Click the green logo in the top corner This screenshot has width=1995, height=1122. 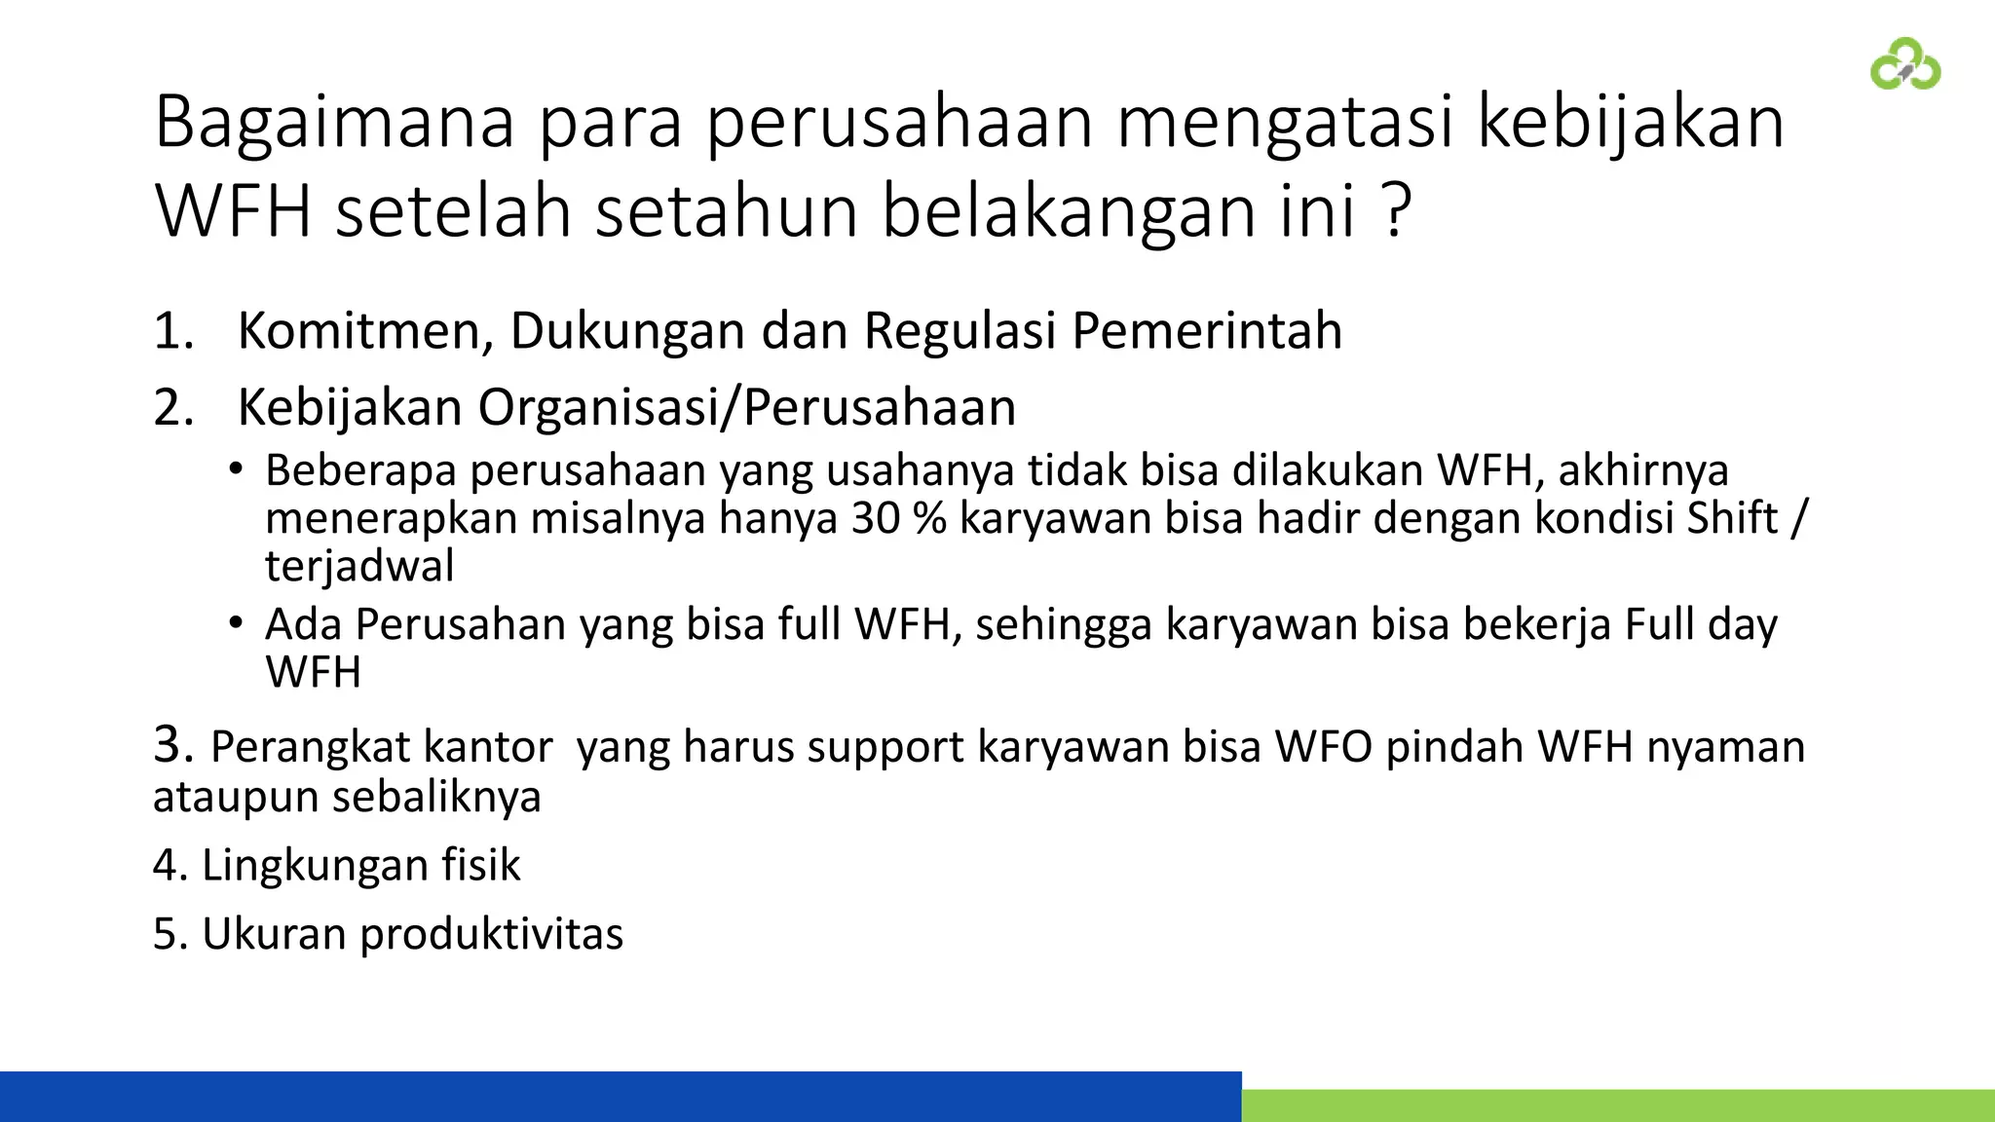[1905, 64]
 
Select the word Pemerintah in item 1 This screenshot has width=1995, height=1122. [1206, 330]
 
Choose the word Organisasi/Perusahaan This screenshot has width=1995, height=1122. [746, 407]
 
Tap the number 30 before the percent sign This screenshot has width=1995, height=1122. [876, 518]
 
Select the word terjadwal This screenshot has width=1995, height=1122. [359, 566]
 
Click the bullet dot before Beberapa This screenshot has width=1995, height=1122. [235, 469]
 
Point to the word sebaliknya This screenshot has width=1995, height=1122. [436, 797]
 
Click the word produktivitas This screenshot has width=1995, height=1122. [491, 934]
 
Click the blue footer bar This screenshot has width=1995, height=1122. [621, 1097]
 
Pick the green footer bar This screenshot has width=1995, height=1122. [1618, 1105]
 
